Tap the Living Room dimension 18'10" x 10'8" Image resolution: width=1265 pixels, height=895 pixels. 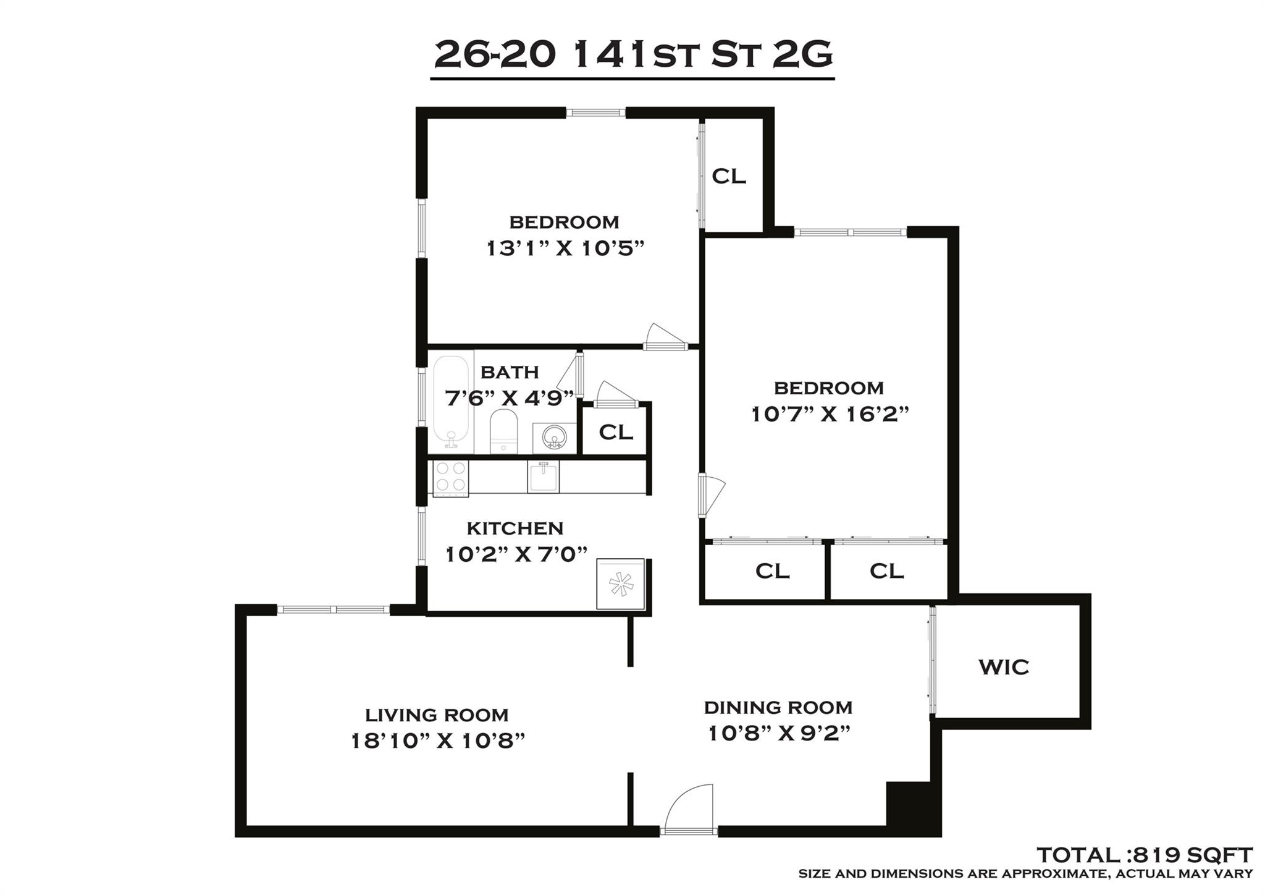437,740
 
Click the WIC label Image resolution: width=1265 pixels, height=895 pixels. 1004,668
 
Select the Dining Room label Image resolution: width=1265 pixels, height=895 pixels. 778,707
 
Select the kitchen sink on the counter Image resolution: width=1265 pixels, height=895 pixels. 543,477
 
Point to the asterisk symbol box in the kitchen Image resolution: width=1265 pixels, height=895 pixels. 621,584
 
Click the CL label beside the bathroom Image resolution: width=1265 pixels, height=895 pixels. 616,432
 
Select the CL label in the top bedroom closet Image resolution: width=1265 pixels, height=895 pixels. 729,176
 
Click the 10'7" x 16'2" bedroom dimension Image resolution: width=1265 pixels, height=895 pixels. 830,414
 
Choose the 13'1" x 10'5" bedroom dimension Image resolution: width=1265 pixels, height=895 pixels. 565,248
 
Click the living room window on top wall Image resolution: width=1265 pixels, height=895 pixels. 333,609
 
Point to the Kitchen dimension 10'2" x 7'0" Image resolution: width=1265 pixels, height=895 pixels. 516,554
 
